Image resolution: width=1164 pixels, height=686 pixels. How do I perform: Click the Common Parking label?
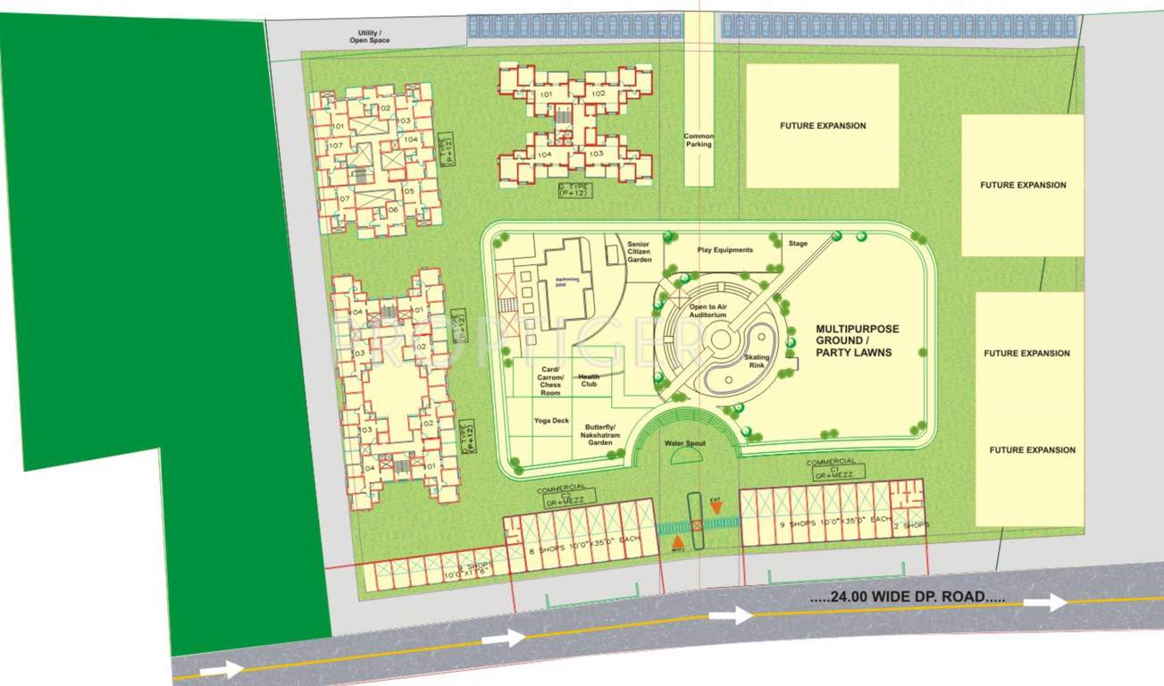699,140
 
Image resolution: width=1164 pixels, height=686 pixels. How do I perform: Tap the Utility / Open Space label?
369,36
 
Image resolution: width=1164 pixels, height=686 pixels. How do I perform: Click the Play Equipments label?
724,250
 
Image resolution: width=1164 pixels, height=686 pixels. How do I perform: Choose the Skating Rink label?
757,362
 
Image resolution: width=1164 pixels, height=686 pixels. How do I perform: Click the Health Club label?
589,381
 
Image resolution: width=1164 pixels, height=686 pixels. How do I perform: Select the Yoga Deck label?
551,420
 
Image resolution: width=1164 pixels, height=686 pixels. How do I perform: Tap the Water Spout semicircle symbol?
685,456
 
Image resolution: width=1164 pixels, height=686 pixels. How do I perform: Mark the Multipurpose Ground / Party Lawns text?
857,340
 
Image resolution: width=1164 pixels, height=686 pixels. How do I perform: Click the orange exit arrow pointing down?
716,507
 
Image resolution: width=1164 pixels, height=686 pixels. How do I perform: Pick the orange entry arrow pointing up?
677,540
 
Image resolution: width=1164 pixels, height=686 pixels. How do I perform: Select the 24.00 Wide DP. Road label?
908,597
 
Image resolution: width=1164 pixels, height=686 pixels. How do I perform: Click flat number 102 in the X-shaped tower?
597,94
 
